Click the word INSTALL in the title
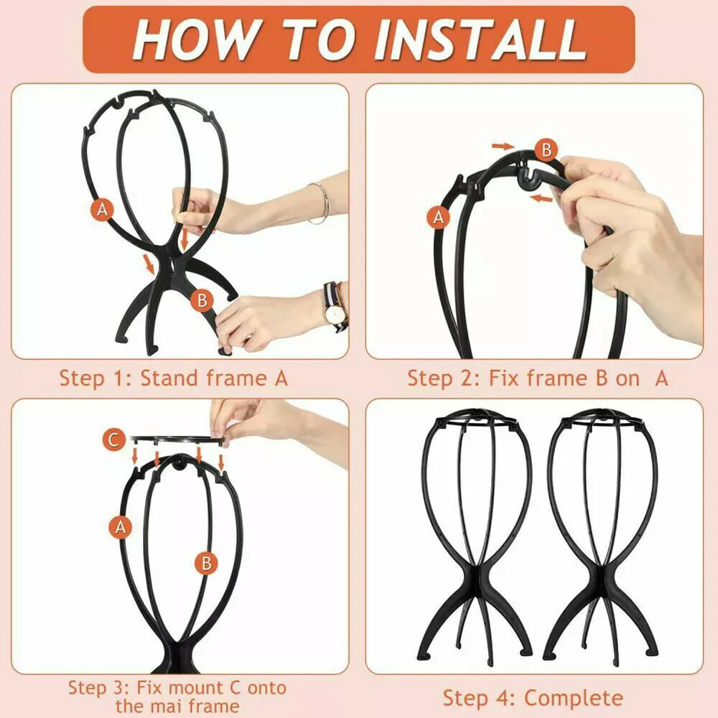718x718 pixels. pos(481,39)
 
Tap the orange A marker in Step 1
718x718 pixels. pos(102,209)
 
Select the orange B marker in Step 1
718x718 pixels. pos(202,300)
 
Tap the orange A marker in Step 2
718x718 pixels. pos(439,217)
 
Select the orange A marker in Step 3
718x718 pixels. pos(121,526)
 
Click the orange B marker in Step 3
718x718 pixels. pos(207,563)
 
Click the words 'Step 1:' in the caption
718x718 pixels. pos(95,379)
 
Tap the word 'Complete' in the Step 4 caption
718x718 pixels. pos(573,699)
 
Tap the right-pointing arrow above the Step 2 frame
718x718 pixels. pos(503,146)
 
